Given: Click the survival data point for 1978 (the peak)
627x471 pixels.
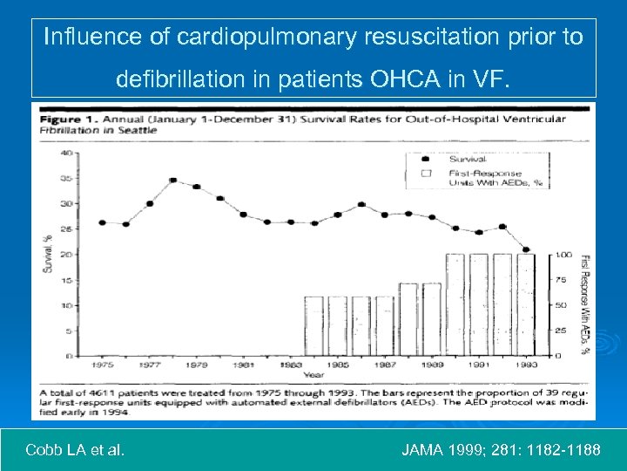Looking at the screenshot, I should pos(173,181).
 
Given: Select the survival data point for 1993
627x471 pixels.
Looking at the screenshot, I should pos(526,249).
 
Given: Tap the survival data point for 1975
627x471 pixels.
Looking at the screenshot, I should pos(103,222).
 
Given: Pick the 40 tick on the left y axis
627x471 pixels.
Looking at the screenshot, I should pos(67,153).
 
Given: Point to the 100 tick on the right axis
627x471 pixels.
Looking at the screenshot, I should pos(564,255).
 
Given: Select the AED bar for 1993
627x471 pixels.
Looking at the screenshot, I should pos(526,304).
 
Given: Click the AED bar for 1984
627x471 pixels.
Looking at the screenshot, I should pos(314,325).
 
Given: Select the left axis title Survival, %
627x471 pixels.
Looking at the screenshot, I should pos(48,253).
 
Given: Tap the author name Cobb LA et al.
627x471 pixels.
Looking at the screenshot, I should pos(75,451).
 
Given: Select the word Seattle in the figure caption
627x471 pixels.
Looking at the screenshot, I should pos(140,129).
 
